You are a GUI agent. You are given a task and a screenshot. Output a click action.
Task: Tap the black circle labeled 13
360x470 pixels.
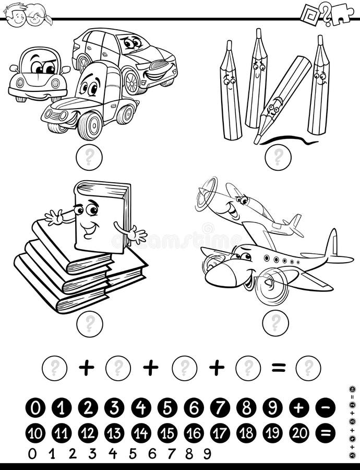pos(114,433)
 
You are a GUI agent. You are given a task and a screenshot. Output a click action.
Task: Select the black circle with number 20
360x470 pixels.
pos(299,433)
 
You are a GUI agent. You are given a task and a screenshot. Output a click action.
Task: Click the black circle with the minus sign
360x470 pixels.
pos(325,408)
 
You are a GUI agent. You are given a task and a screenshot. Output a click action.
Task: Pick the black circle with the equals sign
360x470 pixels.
pos(325,433)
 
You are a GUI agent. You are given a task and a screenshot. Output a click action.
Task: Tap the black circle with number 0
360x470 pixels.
pos(35,408)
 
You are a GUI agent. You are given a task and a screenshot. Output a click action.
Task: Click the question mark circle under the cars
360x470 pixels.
pos(89,157)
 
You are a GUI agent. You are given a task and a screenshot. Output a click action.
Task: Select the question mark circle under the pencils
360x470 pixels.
pos(278,157)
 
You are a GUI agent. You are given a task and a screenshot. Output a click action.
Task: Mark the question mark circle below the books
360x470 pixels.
pos(89,324)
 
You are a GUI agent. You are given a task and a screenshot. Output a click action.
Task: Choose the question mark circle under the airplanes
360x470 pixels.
pos(275,323)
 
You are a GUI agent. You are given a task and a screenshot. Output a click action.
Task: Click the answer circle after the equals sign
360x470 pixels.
pos(308,368)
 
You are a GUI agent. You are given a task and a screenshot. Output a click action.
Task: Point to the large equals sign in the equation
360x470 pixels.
pos(279,368)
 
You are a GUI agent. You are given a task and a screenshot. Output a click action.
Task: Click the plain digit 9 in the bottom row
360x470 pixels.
pos(207,454)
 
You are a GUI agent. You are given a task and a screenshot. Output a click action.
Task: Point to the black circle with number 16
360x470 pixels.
pos(194,433)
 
